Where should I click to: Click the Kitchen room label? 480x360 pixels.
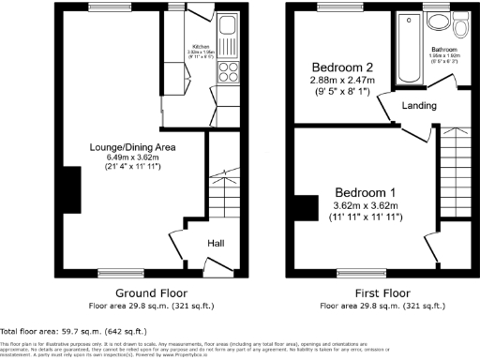[x=200, y=45]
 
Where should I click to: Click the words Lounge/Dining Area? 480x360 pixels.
[x=132, y=147]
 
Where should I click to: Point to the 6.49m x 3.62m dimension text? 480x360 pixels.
[x=132, y=157]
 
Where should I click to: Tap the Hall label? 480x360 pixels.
[x=215, y=244]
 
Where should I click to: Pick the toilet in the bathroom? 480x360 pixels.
[x=438, y=22]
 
